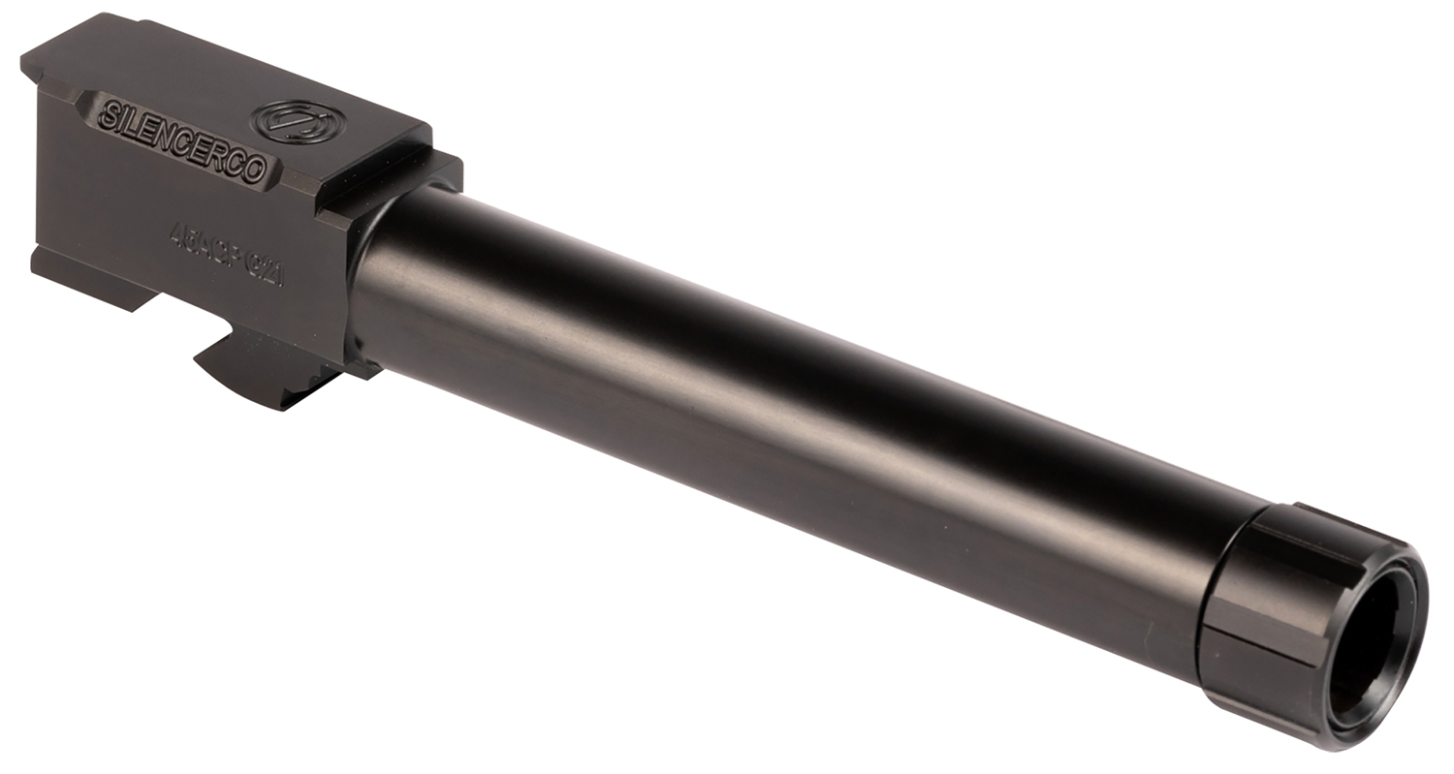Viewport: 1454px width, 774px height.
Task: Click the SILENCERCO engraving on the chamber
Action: pos(180,141)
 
